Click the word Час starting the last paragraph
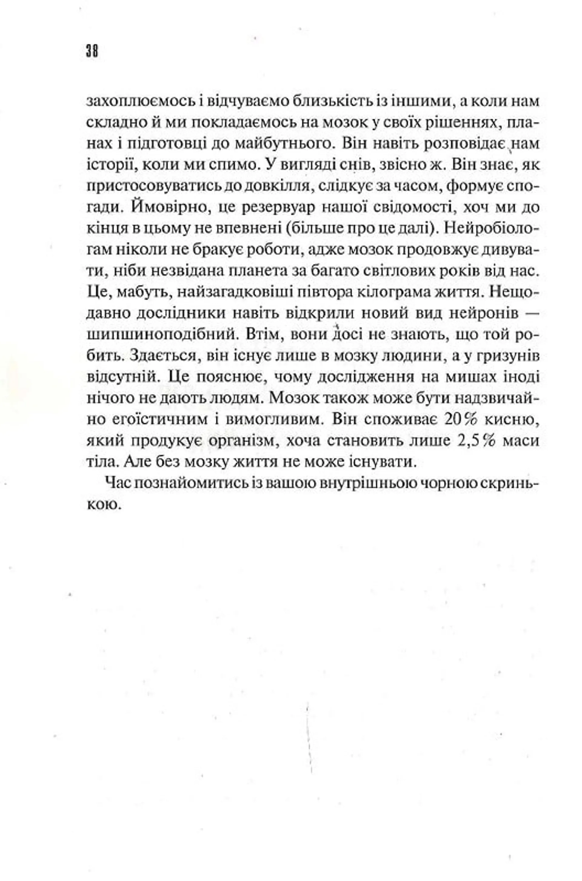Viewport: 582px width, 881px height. (x=118, y=484)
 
